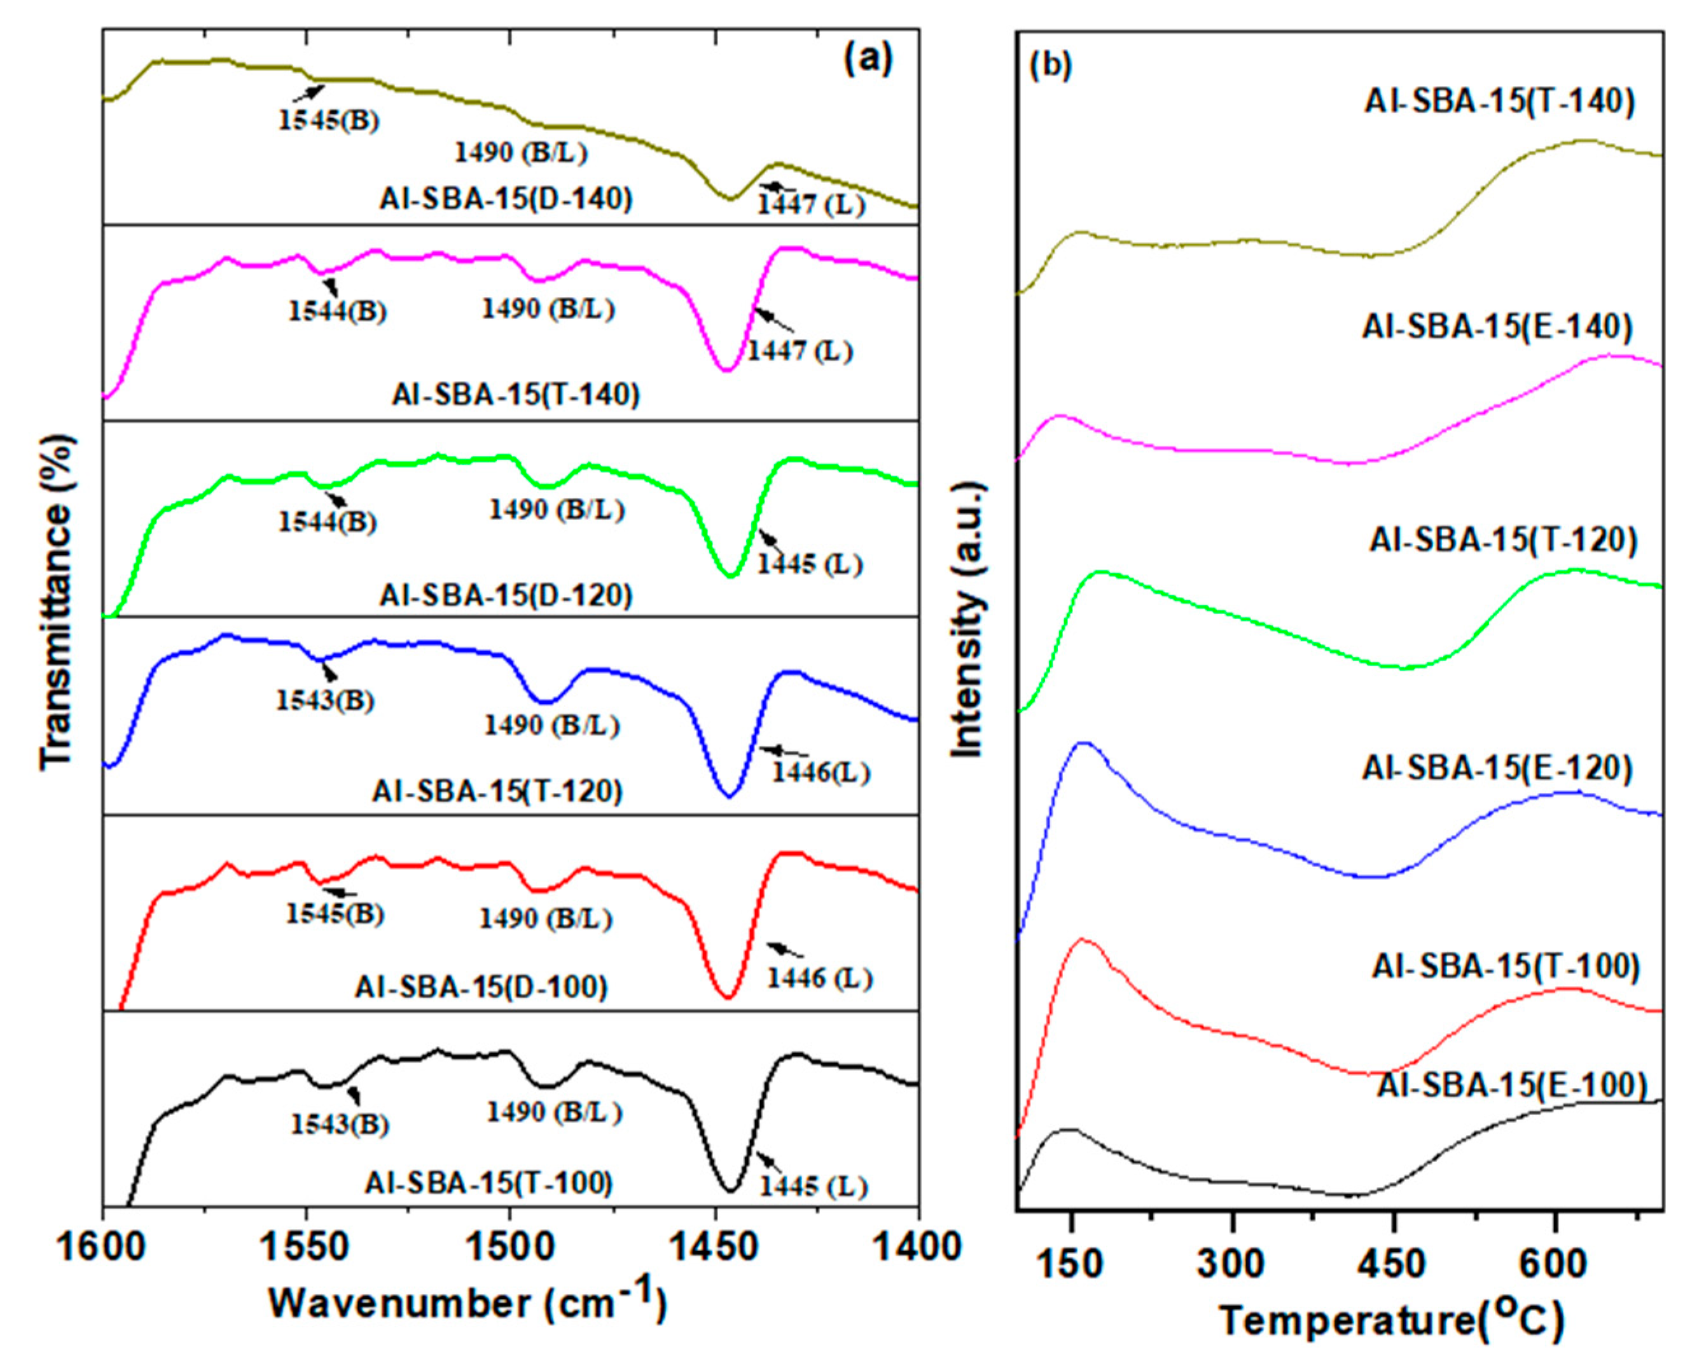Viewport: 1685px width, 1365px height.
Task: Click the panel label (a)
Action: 868,59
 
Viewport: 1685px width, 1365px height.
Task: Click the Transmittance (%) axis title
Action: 57,601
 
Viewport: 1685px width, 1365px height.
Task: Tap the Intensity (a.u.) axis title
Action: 968,621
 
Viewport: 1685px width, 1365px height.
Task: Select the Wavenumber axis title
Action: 469,1301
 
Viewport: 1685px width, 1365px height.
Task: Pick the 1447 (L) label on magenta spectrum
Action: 799,351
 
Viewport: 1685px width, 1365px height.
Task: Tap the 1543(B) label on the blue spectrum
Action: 325,700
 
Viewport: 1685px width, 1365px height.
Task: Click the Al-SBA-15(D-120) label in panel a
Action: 506,595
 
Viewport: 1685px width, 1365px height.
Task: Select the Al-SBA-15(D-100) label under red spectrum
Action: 482,986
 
